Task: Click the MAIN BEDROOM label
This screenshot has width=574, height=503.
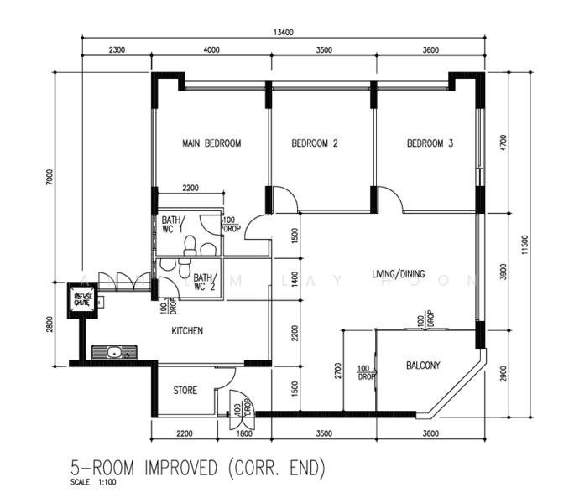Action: click(211, 143)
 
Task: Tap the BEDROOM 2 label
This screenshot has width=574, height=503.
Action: click(315, 143)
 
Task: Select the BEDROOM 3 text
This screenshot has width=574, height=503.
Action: click(430, 143)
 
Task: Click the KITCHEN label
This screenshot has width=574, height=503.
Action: click(187, 331)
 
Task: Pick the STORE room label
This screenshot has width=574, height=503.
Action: click(185, 390)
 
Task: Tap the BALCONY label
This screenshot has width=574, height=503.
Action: click(423, 365)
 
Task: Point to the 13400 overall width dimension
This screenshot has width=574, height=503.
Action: click(283, 33)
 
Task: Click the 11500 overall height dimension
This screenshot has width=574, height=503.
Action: click(525, 243)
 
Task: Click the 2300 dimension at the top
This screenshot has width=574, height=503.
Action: click(117, 49)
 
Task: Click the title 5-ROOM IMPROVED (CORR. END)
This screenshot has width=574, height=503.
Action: click(197, 466)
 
